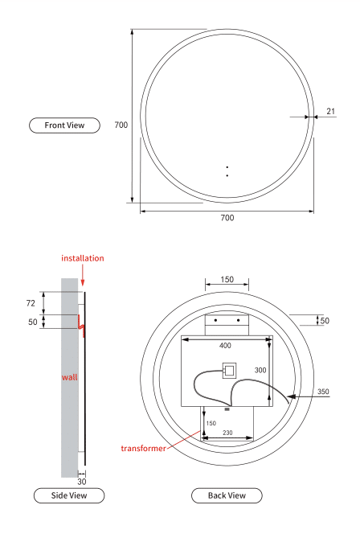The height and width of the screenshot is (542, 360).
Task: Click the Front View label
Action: click(x=64, y=125)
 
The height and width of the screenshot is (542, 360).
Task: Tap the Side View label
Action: click(x=69, y=495)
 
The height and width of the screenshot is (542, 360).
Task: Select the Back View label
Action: click(x=227, y=495)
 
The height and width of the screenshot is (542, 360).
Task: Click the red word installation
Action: click(x=83, y=258)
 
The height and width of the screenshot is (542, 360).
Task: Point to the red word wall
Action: click(x=69, y=377)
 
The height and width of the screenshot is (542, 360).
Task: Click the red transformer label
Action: click(x=143, y=449)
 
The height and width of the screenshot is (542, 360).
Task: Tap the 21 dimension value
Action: click(x=330, y=111)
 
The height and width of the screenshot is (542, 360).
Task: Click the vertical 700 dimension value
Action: click(x=121, y=125)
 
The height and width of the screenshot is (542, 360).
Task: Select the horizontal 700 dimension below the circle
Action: click(x=227, y=217)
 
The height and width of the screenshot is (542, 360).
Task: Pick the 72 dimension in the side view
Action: click(x=31, y=303)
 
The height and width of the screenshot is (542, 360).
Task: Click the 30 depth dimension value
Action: click(x=82, y=482)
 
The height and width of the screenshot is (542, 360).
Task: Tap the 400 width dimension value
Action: click(x=225, y=345)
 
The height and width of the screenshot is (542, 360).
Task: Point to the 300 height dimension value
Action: click(x=260, y=370)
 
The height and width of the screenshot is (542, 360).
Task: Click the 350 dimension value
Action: click(x=323, y=392)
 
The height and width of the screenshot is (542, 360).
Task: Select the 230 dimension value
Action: click(x=227, y=433)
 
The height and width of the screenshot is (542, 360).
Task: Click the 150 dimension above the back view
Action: click(x=227, y=279)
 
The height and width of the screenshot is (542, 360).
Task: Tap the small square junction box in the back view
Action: click(x=229, y=371)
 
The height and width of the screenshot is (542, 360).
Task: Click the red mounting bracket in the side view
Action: click(x=81, y=326)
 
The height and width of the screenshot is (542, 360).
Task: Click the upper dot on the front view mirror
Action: click(x=227, y=167)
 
